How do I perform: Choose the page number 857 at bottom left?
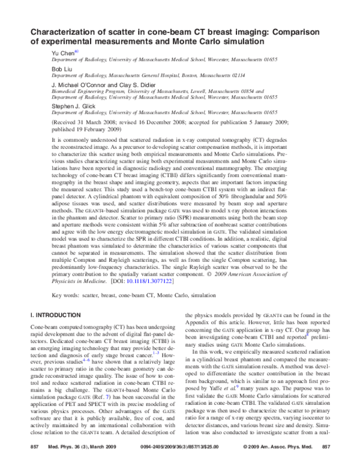coord(34,449)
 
